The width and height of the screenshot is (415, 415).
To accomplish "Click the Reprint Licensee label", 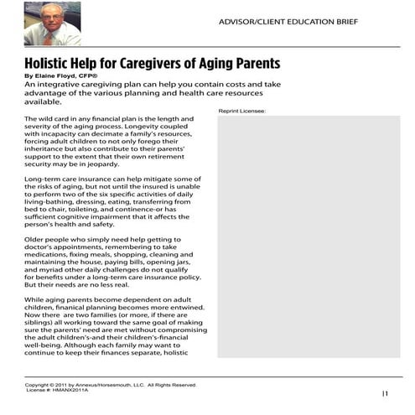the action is click(x=241, y=111).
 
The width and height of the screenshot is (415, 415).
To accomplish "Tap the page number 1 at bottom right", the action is click(x=386, y=392).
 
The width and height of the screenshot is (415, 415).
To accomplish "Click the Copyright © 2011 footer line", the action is click(x=109, y=384).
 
